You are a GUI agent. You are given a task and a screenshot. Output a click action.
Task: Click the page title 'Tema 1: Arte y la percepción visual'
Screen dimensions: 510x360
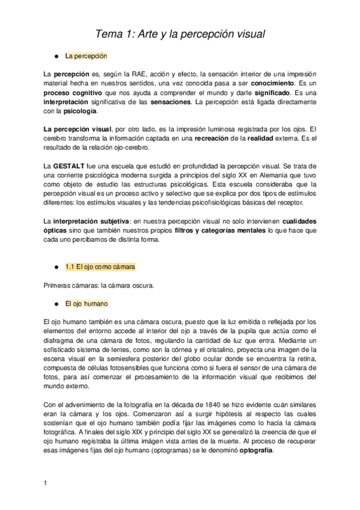pyautogui.click(x=181, y=34)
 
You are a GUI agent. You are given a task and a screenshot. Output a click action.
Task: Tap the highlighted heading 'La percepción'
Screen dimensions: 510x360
pyautogui.click(x=85, y=56)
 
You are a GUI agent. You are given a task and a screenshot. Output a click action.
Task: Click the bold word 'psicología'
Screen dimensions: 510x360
pyautogui.click(x=79, y=111)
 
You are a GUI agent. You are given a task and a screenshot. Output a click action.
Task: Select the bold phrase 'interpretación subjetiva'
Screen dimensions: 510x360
pyautogui.click(x=91, y=221)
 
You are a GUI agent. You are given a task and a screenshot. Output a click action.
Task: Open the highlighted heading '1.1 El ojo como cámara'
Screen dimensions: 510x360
pyautogui.click(x=100, y=266)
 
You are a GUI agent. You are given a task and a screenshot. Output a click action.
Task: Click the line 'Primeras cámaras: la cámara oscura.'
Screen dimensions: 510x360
pyautogui.click(x=99, y=286)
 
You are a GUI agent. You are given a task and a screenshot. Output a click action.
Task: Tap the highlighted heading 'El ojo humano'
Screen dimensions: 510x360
pyautogui.click(x=86, y=304)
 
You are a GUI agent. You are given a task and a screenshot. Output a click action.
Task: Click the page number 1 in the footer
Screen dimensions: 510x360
pyautogui.click(x=46, y=484)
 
